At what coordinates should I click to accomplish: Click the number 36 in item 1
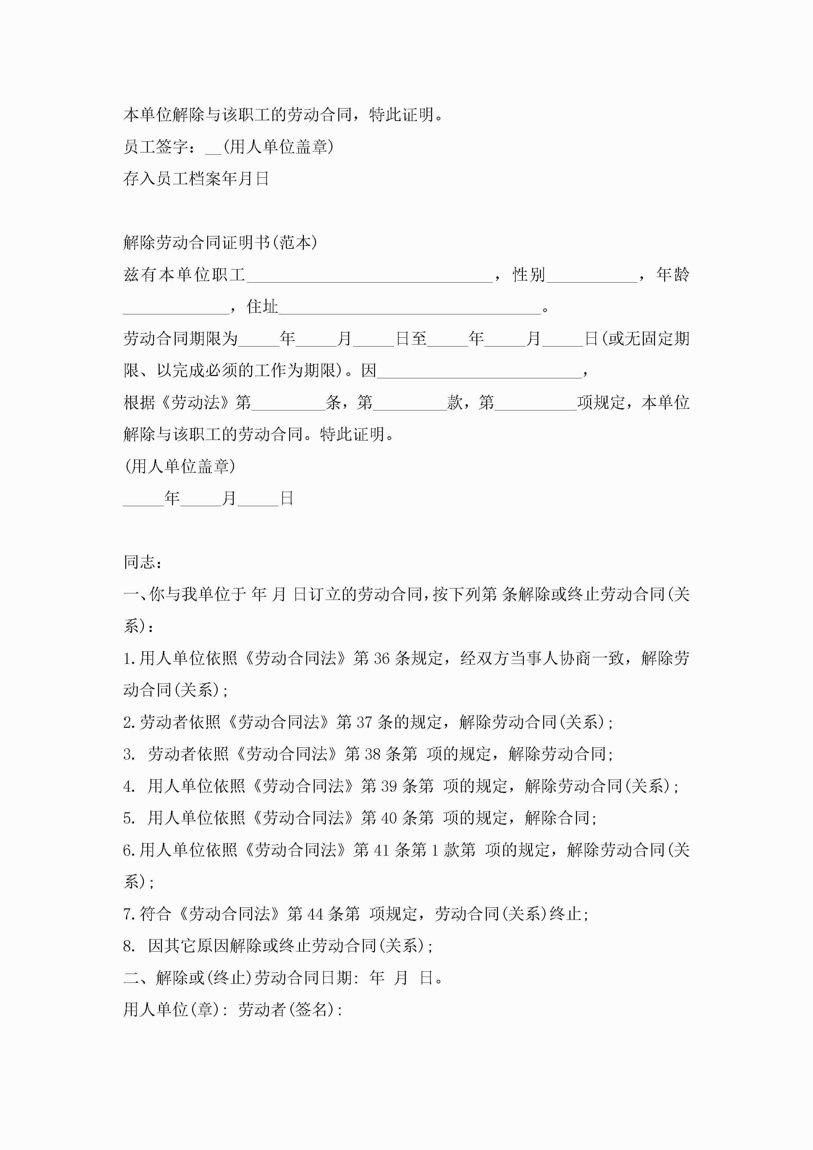(x=381, y=659)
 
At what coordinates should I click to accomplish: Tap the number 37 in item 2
(x=364, y=722)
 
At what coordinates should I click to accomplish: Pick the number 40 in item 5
(x=389, y=818)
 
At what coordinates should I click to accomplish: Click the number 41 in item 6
(x=381, y=850)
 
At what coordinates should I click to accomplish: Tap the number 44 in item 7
(x=315, y=914)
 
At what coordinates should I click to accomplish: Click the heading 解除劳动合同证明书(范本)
(x=220, y=243)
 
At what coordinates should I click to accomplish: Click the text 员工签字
(x=156, y=147)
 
